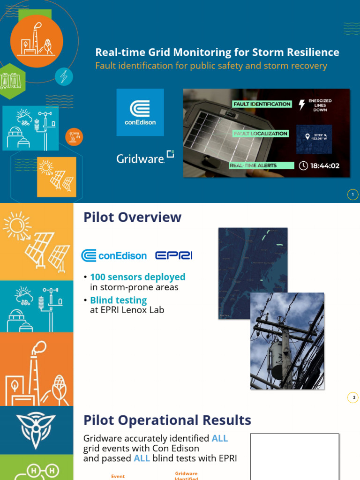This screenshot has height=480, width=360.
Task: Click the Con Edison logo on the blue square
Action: [x=140, y=112]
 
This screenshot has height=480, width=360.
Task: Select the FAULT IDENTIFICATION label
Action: [x=262, y=104]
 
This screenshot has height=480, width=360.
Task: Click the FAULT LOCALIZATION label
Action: [x=261, y=134]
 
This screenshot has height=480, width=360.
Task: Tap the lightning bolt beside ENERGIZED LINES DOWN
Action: [x=302, y=105]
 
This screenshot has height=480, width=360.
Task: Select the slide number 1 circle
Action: [x=352, y=195]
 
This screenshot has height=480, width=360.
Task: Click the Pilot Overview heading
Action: [x=132, y=217]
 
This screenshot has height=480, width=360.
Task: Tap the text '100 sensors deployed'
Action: [x=138, y=277]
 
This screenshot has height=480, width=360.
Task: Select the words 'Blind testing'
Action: [x=119, y=300]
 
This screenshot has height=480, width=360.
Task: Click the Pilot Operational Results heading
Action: [x=167, y=420]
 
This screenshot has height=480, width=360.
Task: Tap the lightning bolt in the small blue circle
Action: [x=64, y=76]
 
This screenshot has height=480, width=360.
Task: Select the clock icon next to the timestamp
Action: [x=303, y=165]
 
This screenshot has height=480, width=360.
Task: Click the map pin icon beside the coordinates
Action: [x=308, y=136]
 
